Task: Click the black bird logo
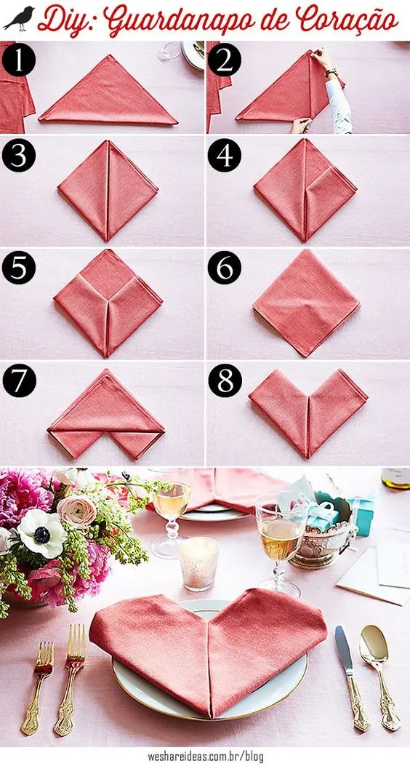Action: (19, 19)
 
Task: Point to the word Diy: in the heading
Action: (66, 20)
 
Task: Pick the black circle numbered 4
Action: (225, 156)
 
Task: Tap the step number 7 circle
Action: (20, 381)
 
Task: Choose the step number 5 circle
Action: (19, 268)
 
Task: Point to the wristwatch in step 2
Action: (332, 72)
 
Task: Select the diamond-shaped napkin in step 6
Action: (307, 303)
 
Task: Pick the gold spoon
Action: (379, 675)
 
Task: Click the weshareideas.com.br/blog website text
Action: (204, 757)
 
